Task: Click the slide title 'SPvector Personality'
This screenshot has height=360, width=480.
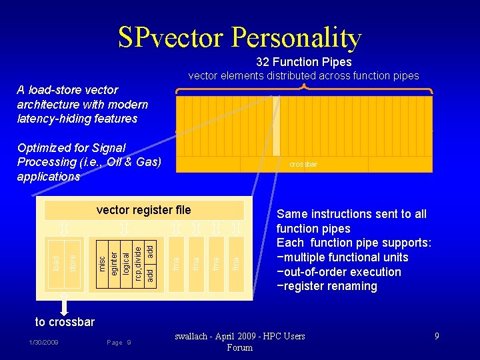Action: [240, 38]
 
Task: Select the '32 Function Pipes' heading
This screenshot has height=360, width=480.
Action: [303, 62]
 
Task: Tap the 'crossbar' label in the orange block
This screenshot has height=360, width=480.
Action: [303, 164]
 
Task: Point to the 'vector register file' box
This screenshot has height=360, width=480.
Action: [143, 211]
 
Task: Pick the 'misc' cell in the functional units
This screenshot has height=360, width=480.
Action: [101, 263]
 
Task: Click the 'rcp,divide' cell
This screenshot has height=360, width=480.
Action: [138, 263]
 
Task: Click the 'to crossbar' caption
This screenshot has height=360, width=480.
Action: [65, 322]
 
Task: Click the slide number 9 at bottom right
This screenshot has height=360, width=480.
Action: [437, 337]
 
